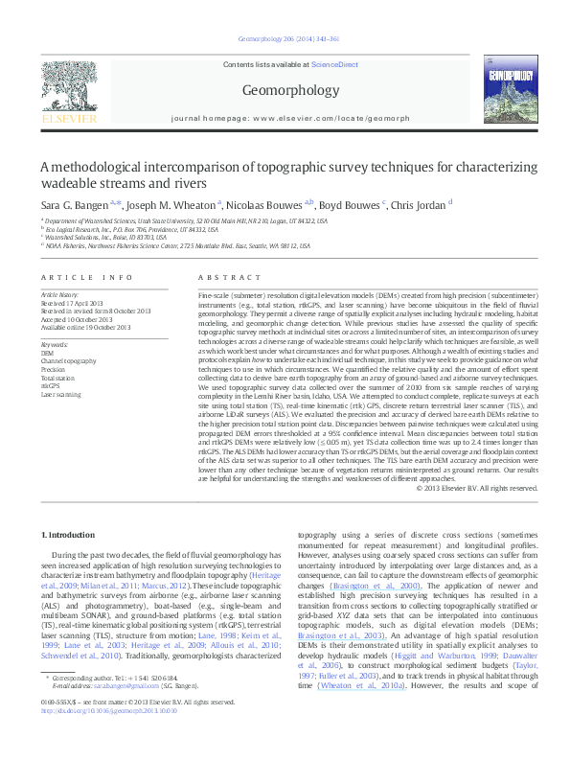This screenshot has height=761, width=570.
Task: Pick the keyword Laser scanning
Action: pyautogui.click(x=60, y=394)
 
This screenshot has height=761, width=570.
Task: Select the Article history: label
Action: pyautogui.click(x=60, y=292)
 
